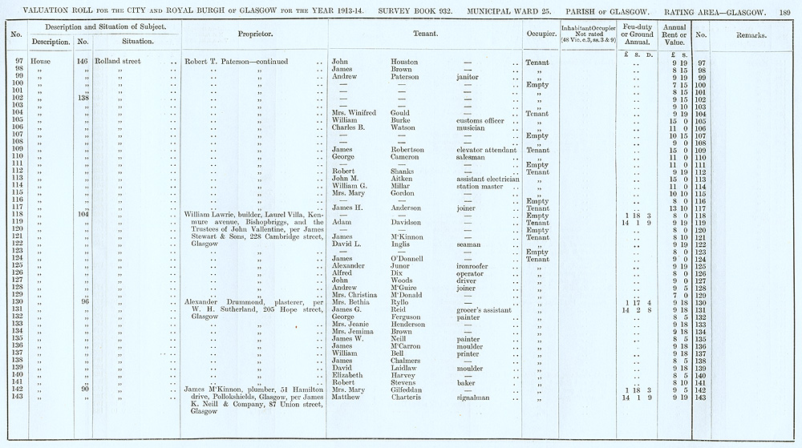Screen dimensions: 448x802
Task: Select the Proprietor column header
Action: coord(256,35)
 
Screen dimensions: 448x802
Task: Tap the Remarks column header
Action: coord(750,35)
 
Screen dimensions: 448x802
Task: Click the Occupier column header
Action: coord(537,35)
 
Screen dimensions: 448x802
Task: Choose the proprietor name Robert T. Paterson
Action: coord(217,62)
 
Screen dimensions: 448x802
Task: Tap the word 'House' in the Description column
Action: coord(40,62)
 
